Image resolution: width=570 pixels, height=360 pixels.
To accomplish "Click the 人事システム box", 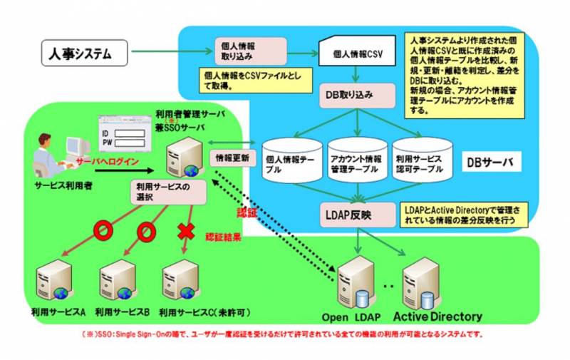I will tap(83, 53).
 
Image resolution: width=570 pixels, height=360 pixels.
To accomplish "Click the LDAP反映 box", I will tap(353, 213).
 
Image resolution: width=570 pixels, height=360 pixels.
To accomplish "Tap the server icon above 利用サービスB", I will tap(117, 281).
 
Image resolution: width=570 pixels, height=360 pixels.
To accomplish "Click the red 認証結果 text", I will tap(222, 237).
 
